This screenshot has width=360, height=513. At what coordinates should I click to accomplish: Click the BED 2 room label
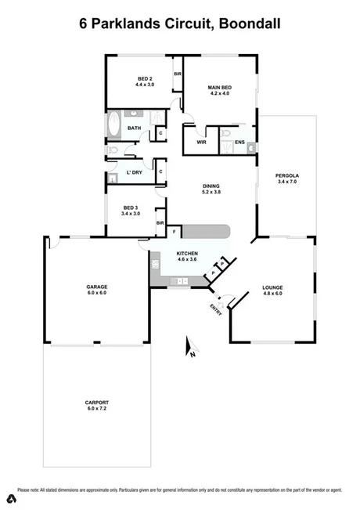[146, 78]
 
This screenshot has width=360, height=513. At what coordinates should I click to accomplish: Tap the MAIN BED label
[218, 87]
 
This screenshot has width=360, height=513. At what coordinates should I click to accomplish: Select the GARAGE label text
[96, 287]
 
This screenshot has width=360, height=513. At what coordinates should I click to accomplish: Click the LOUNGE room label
[272, 287]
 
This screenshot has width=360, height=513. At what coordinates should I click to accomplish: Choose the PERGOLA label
[288, 175]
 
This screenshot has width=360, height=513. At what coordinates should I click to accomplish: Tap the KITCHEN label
[187, 255]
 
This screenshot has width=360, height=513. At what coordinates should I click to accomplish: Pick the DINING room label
[212, 186]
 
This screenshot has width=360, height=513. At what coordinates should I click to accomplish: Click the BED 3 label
[131, 208]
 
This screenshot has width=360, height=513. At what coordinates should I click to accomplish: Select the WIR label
[201, 143]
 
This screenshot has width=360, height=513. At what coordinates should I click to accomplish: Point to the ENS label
[239, 143]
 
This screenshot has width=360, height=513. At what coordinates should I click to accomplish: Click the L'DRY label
[133, 172]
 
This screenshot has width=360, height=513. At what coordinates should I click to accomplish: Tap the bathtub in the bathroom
[113, 127]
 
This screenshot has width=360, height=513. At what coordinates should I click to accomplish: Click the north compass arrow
[188, 345]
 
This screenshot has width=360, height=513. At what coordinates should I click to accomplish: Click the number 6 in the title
[84, 24]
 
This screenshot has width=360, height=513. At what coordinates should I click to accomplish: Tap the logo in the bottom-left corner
[13, 498]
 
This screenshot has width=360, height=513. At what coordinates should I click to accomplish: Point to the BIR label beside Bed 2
[178, 74]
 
